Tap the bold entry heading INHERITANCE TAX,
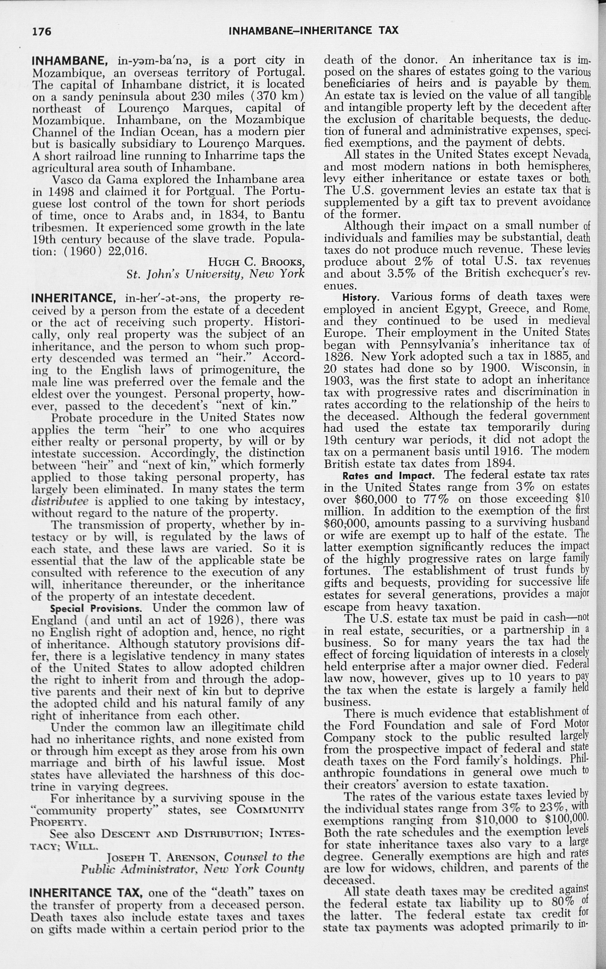click(85, 893)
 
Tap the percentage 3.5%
click(404, 273)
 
